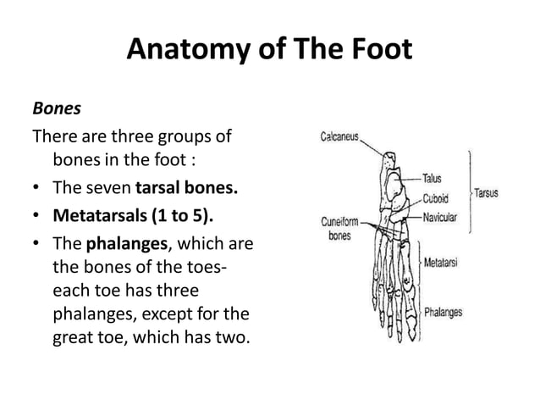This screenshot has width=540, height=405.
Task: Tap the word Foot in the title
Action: pyautogui.click(x=377, y=52)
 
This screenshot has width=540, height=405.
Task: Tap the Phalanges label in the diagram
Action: pyautogui.click(x=443, y=312)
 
